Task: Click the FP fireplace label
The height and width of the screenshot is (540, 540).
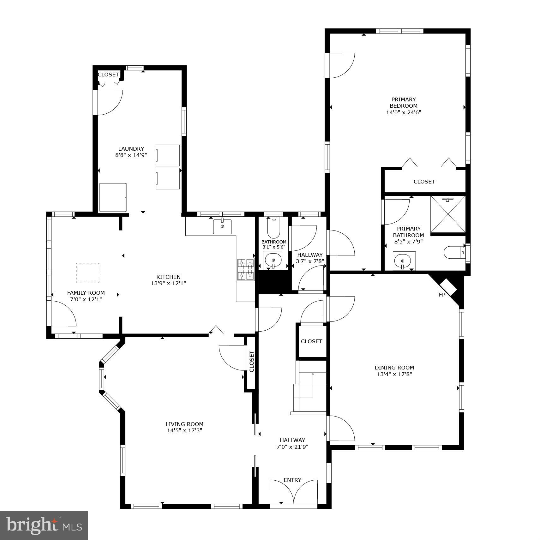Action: click(442, 295)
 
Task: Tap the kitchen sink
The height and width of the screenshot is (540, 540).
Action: click(222, 226)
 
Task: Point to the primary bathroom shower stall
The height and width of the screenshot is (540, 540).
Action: click(448, 214)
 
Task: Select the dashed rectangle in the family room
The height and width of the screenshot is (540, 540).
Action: click(87, 272)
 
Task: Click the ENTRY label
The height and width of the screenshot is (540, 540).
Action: click(292, 480)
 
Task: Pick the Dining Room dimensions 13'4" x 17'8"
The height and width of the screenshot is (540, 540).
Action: click(394, 374)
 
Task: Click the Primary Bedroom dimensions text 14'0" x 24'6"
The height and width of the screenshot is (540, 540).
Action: click(404, 112)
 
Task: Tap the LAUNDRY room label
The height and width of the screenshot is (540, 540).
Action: click(131, 149)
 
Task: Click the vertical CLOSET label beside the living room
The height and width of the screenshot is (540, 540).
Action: click(252, 362)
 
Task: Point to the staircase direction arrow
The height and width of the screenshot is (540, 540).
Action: click(313, 375)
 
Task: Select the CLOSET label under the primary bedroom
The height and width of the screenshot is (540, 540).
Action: click(424, 182)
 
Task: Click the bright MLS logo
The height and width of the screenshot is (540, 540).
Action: click(44, 525)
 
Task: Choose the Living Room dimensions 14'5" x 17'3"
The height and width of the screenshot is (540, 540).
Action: click(184, 430)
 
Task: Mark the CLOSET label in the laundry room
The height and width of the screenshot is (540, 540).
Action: click(108, 75)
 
